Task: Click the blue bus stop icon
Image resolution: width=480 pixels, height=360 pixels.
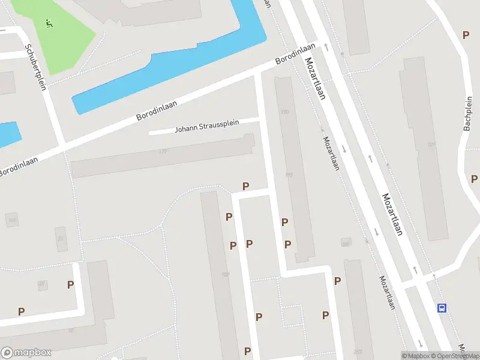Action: [442, 308]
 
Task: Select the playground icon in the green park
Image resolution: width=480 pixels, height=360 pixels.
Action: [49, 23]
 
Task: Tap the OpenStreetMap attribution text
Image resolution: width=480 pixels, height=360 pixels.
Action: [455, 356]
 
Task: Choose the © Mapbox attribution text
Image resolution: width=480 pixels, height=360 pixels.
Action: [415, 356]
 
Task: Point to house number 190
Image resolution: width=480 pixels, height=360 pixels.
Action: [284, 112]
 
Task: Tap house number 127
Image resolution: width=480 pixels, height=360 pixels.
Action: [162, 151]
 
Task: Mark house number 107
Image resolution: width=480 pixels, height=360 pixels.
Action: [431, 145]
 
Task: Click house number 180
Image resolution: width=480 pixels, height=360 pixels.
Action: [225, 275]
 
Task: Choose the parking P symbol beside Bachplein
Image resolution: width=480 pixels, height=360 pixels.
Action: [466, 35]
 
